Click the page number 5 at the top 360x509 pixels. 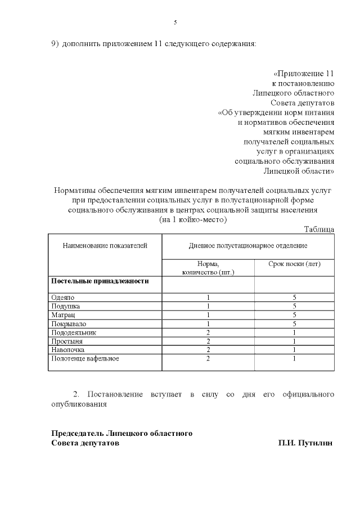click(175, 22)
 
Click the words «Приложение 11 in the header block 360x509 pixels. click(304, 74)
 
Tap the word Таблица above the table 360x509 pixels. click(319, 229)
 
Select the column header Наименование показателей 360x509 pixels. click(105, 246)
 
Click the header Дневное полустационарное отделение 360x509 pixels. click(247, 246)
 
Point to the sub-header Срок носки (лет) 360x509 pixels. click(294, 264)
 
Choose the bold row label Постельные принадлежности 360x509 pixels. click(100, 281)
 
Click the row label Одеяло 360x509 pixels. click(62, 297)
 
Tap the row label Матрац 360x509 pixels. click(62, 315)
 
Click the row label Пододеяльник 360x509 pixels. click(73, 332)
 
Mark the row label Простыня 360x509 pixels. click(66, 341)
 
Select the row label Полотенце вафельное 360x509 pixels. click(85, 359)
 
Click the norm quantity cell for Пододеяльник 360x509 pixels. click(208, 332)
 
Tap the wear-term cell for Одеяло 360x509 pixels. click(294, 297)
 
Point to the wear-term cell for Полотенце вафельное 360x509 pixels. click(294, 359)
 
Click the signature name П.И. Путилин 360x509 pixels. click(305, 443)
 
